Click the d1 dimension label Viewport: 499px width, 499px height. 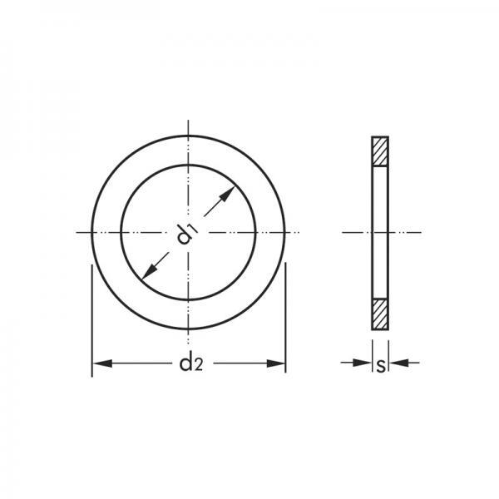(188, 235)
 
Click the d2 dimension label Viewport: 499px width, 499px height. (191, 363)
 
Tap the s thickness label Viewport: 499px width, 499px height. (381, 366)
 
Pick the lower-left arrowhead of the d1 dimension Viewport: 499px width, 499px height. (150, 272)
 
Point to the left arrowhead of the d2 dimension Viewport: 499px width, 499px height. (101, 363)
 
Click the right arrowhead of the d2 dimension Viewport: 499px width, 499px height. (276, 363)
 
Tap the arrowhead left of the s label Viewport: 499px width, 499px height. (362, 362)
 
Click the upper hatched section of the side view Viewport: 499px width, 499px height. (380, 151)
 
